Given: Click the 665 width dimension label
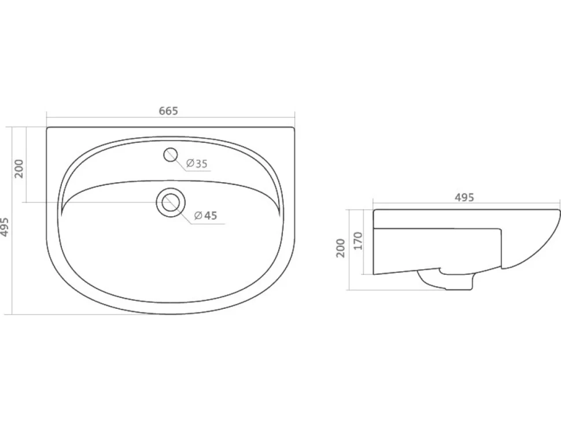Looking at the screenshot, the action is pyautogui.click(x=168, y=111).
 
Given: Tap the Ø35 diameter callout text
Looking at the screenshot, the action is pyautogui.click(x=197, y=164).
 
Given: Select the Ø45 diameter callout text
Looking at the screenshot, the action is pyautogui.click(x=206, y=215).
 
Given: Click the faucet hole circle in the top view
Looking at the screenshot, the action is pyautogui.click(x=171, y=155).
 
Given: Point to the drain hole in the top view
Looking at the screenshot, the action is pyautogui.click(x=171, y=202).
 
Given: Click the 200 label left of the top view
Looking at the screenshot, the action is pyautogui.click(x=19, y=169).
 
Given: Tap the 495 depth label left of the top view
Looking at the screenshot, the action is pyautogui.click(x=4, y=227).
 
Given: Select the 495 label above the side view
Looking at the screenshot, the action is pyautogui.click(x=464, y=197).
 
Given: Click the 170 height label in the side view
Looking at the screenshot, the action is pyautogui.click(x=358, y=241).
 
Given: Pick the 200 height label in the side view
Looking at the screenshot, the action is pyautogui.click(x=341, y=248).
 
